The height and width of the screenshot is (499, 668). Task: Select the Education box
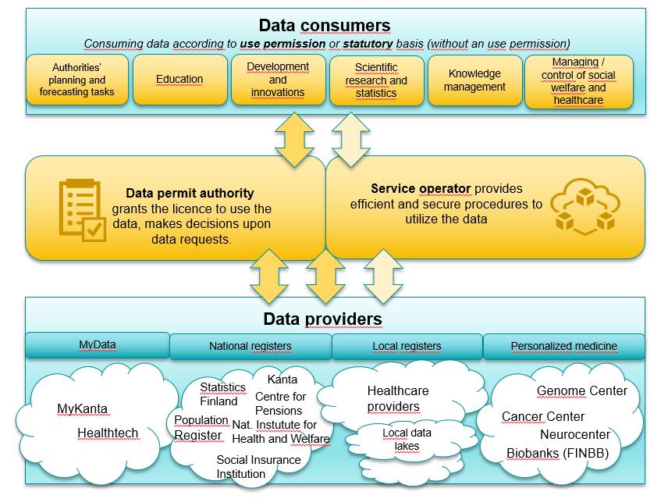pos(179,80)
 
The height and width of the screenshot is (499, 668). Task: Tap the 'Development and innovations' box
pos(278,80)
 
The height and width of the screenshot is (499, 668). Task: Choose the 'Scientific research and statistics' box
pos(376,80)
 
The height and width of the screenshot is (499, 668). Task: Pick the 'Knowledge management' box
pos(474,80)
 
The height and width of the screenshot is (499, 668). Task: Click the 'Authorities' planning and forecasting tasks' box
pos(76,80)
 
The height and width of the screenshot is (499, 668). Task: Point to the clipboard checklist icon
pos(82,209)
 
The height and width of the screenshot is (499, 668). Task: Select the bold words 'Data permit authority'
pos(190,193)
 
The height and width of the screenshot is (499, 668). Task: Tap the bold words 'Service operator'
pos(420,188)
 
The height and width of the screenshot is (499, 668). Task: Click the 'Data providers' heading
pos(322,319)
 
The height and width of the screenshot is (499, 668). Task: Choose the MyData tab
pos(98,344)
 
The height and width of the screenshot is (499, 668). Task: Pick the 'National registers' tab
pos(250,346)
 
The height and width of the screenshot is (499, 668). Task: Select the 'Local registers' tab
pos(407,346)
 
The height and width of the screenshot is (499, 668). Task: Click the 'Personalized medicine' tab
pos(563,346)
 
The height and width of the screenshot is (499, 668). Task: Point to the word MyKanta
pos(82,408)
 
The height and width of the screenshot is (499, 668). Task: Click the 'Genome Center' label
pos(581,390)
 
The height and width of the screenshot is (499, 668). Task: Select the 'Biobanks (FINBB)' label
pos(557,453)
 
